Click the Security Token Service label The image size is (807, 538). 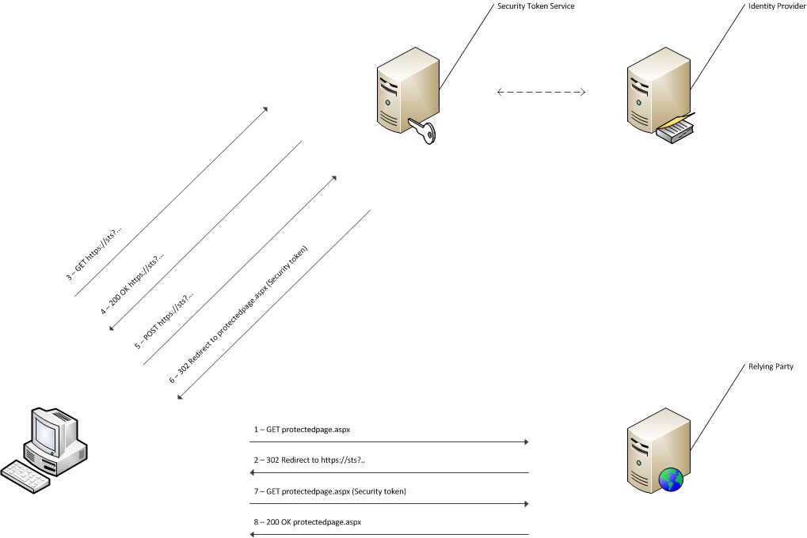tap(535, 6)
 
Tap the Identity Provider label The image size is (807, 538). tap(775, 6)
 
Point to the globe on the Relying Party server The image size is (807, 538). tap(671, 479)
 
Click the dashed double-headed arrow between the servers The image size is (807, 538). tap(541, 93)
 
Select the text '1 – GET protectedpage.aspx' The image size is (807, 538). tap(302, 430)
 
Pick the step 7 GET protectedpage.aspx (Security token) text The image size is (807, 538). tap(329, 491)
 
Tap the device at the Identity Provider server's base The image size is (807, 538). tap(676, 131)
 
